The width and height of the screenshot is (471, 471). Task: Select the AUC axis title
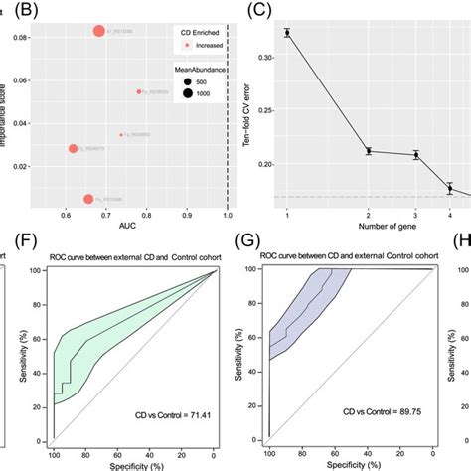pyautogui.click(x=129, y=229)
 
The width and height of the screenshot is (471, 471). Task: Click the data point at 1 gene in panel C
pyautogui.click(x=287, y=33)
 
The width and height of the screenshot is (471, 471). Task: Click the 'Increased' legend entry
pyautogui.click(x=184, y=45)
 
